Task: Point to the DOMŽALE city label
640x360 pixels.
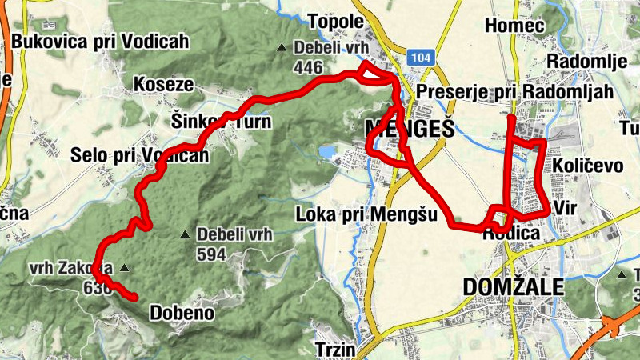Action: coord(513,287)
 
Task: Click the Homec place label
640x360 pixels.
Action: coord(514,26)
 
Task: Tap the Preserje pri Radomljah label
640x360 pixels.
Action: coord(514,92)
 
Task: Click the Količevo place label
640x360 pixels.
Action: coord(588,166)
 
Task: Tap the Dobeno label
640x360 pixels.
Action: coord(182,313)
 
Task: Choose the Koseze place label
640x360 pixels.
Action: coord(163,84)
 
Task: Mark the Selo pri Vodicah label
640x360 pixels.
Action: coord(139,155)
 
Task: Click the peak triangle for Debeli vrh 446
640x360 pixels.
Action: coord(282,48)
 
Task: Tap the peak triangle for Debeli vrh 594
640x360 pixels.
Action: coord(185,235)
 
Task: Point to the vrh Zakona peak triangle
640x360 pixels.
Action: coord(123,268)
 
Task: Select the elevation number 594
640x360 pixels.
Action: coord(212,254)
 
